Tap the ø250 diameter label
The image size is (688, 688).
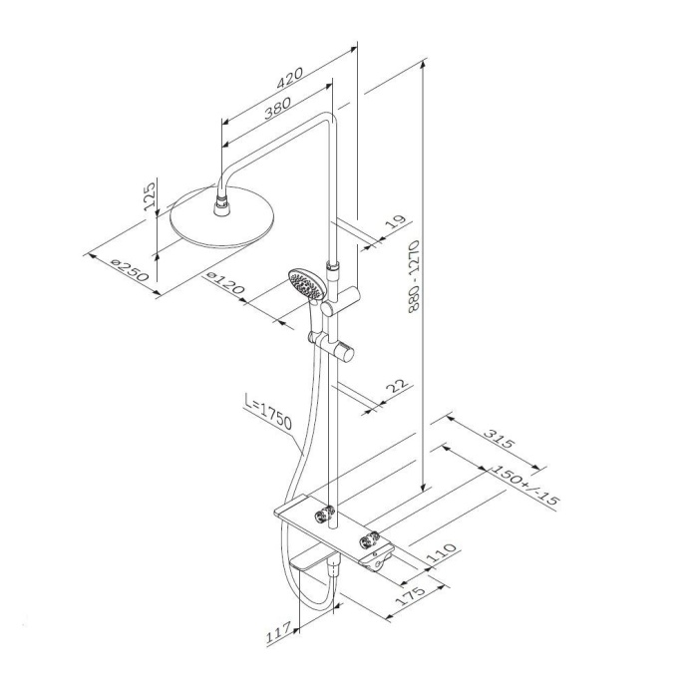[130, 270]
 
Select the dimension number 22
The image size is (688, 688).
[394, 387]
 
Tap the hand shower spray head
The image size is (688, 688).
[302, 282]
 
